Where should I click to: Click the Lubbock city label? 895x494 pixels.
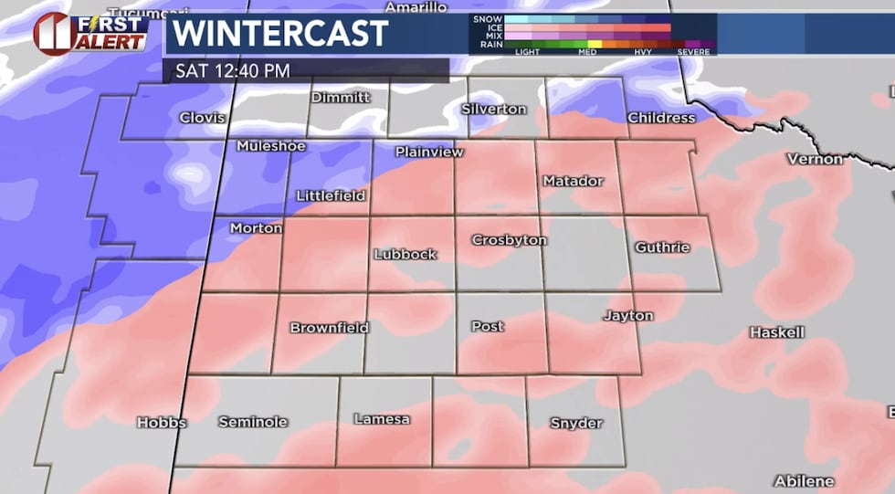pos(405,255)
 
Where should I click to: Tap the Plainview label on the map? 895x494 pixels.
pos(429,152)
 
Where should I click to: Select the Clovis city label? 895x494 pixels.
pos(202,118)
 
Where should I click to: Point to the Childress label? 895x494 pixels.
pos(661,118)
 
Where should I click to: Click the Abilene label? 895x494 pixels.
pos(804,480)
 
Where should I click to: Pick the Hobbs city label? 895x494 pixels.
pos(162,422)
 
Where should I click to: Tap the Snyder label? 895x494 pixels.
pos(576,423)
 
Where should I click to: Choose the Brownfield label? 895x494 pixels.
pos(329,328)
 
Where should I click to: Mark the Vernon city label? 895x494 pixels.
pos(815,159)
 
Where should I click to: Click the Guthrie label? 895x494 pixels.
pos(662,247)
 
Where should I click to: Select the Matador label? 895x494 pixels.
pos(573,181)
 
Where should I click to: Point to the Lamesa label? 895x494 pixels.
pos(382,419)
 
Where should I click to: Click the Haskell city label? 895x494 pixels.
pos(776,332)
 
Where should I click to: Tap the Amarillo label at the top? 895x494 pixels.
pos(416,7)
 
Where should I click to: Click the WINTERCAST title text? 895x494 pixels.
pos(280,34)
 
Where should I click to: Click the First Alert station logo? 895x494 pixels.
pos(91,33)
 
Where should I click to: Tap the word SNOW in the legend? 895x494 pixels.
pos(488,18)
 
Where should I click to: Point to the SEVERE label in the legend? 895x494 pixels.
pos(693,52)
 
